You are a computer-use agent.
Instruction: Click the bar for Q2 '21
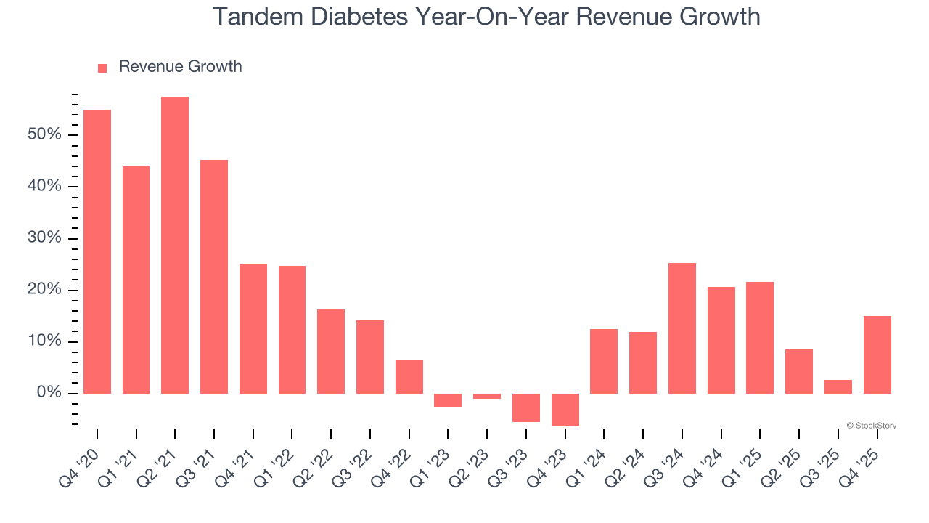coord(175,245)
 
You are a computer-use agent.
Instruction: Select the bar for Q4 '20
coord(97,251)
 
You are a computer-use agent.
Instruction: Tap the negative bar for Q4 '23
coord(565,409)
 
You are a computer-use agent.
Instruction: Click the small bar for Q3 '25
coord(838,386)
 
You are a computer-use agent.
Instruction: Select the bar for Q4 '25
coord(877,354)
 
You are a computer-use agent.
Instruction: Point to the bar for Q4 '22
coord(409,376)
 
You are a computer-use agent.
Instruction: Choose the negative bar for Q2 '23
coord(487,396)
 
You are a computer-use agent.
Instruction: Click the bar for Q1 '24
coord(604,361)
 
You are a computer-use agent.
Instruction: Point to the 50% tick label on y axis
coord(44,135)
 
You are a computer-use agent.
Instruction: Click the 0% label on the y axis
coord(49,393)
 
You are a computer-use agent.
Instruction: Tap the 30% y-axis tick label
coord(44,239)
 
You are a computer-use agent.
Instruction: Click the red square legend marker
coord(102,68)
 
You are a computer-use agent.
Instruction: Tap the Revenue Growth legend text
coord(180,67)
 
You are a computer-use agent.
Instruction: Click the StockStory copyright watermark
coord(871,426)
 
